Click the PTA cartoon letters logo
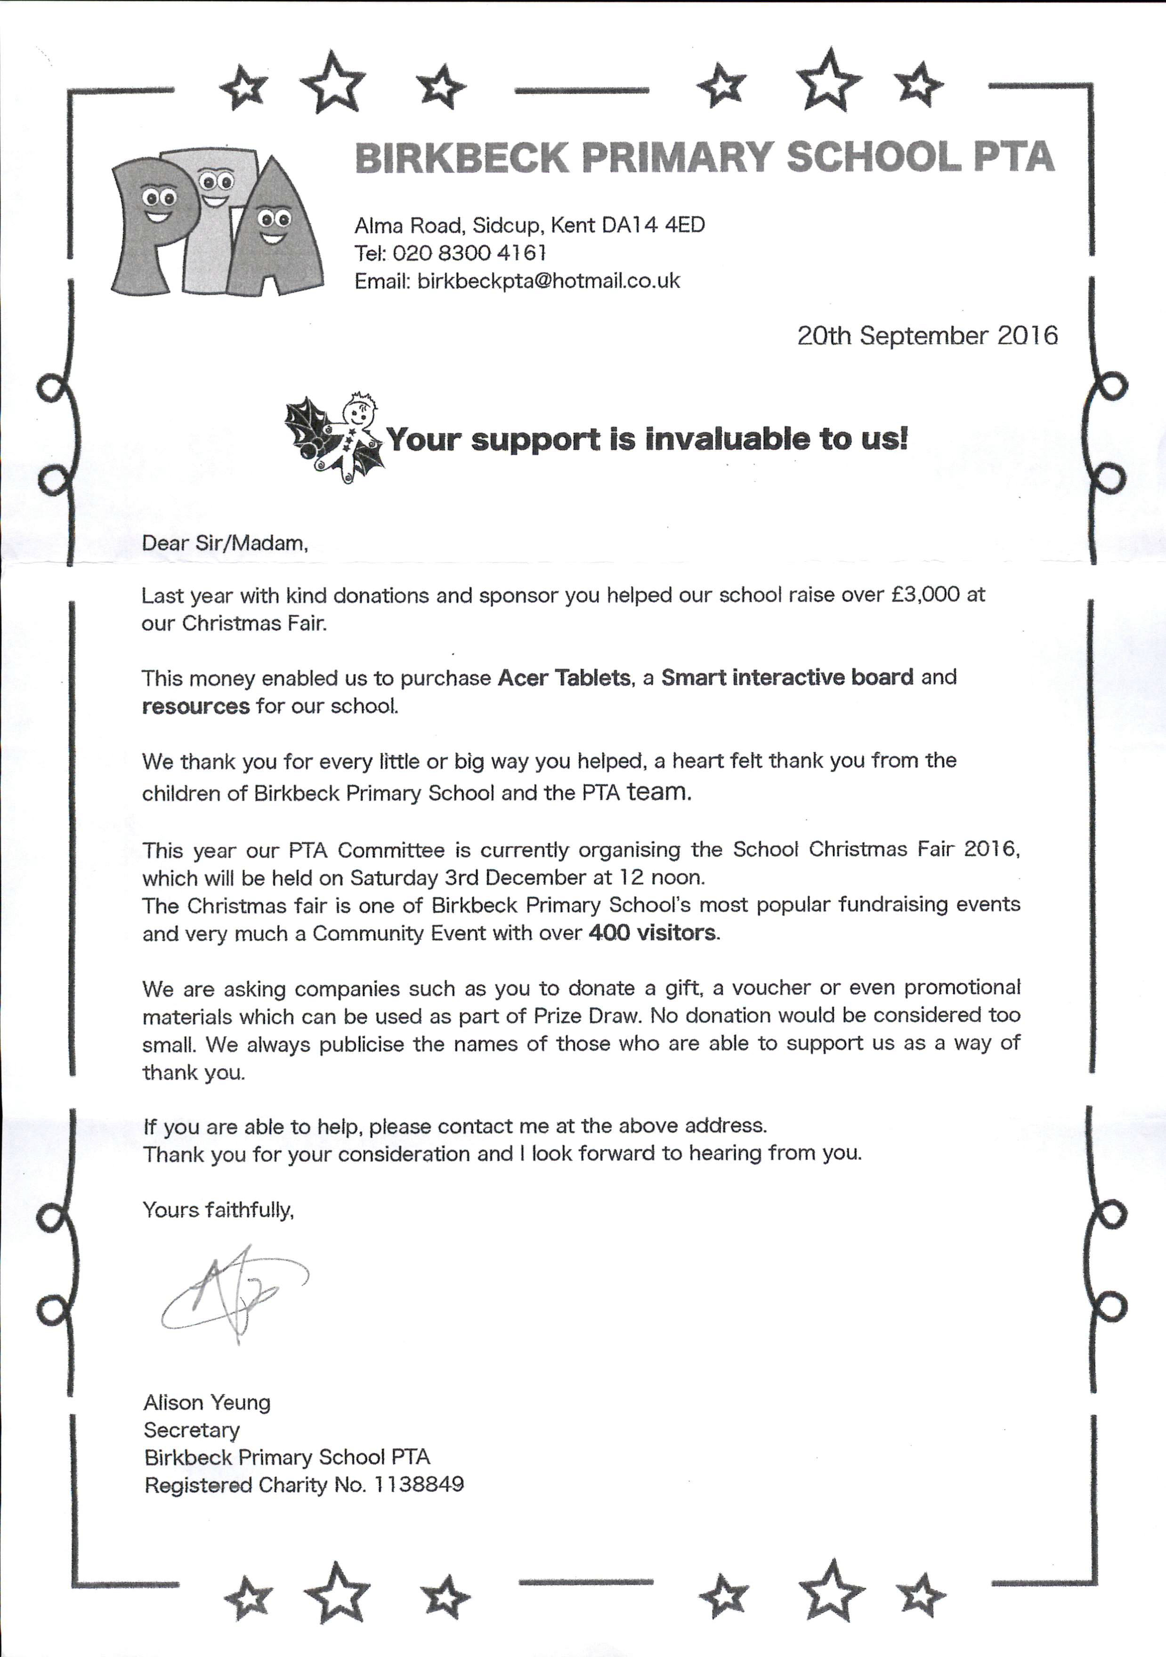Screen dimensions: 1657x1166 click(215, 224)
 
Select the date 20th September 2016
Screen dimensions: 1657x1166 click(927, 336)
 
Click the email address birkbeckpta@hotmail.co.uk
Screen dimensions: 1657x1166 click(549, 281)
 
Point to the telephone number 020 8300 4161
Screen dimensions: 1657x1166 click(470, 253)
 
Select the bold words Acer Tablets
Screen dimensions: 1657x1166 click(564, 678)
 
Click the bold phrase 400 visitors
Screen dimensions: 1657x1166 click(652, 933)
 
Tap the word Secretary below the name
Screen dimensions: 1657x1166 click(191, 1430)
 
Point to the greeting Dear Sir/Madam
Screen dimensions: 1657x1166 click(225, 543)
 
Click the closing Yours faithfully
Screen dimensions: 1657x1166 click(218, 1209)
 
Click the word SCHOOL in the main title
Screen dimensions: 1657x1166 click(874, 157)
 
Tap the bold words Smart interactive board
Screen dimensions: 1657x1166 click(787, 678)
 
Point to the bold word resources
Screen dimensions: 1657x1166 click(195, 706)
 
